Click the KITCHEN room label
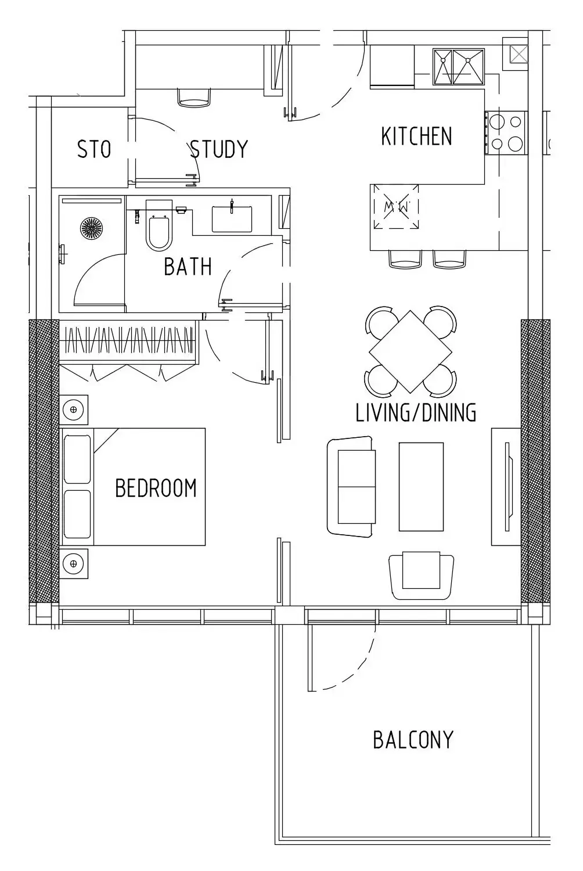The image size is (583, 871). click(x=416, y=136)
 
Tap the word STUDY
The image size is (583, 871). click(x=218, y=149)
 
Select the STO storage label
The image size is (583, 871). click(x=94, y=149)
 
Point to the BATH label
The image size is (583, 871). click(x=188, y=267)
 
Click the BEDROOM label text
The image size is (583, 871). click(x=156, y=488)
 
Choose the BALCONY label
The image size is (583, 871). click(x=413, y=740)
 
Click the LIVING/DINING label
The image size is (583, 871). click(x=416, y=412)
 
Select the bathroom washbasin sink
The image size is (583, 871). click(x=232, y=219)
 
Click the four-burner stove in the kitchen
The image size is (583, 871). click(x=506, y=133)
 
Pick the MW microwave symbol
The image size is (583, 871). click(x=397, y=207)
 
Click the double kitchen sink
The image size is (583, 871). click(x=459, y=67)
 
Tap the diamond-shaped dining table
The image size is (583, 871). click(x=411, y=351)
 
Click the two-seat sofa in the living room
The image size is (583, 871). click(x=351, y=487)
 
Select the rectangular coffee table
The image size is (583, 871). click(x=421, y=487)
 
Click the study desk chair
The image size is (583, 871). click(x=194, y=98)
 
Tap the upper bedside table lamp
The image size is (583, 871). click(x=74, y=410)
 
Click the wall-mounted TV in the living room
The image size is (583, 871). click(x=507, y=487)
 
